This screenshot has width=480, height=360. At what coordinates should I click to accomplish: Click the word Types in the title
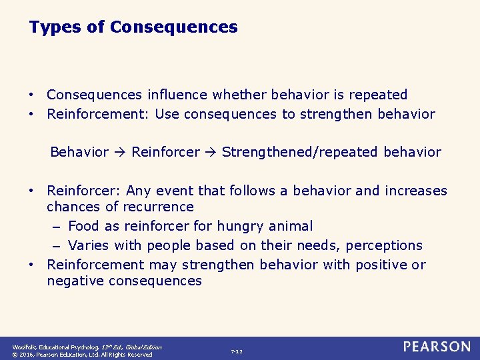[x=51, y=27]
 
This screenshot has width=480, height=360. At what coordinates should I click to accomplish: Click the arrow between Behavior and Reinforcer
[x=120, y=152]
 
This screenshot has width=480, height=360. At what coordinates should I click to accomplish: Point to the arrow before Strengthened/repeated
[x=211, y=152]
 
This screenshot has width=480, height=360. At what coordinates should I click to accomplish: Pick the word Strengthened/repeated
[x=300, y=152]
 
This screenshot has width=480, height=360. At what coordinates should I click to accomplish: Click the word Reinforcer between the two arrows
[x=165, y=152]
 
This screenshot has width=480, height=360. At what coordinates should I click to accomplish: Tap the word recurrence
[x=159, y=207]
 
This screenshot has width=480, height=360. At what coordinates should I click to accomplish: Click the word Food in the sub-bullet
[x=83, y=227]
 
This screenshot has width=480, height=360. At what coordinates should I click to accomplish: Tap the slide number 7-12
[x=237, y=351]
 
